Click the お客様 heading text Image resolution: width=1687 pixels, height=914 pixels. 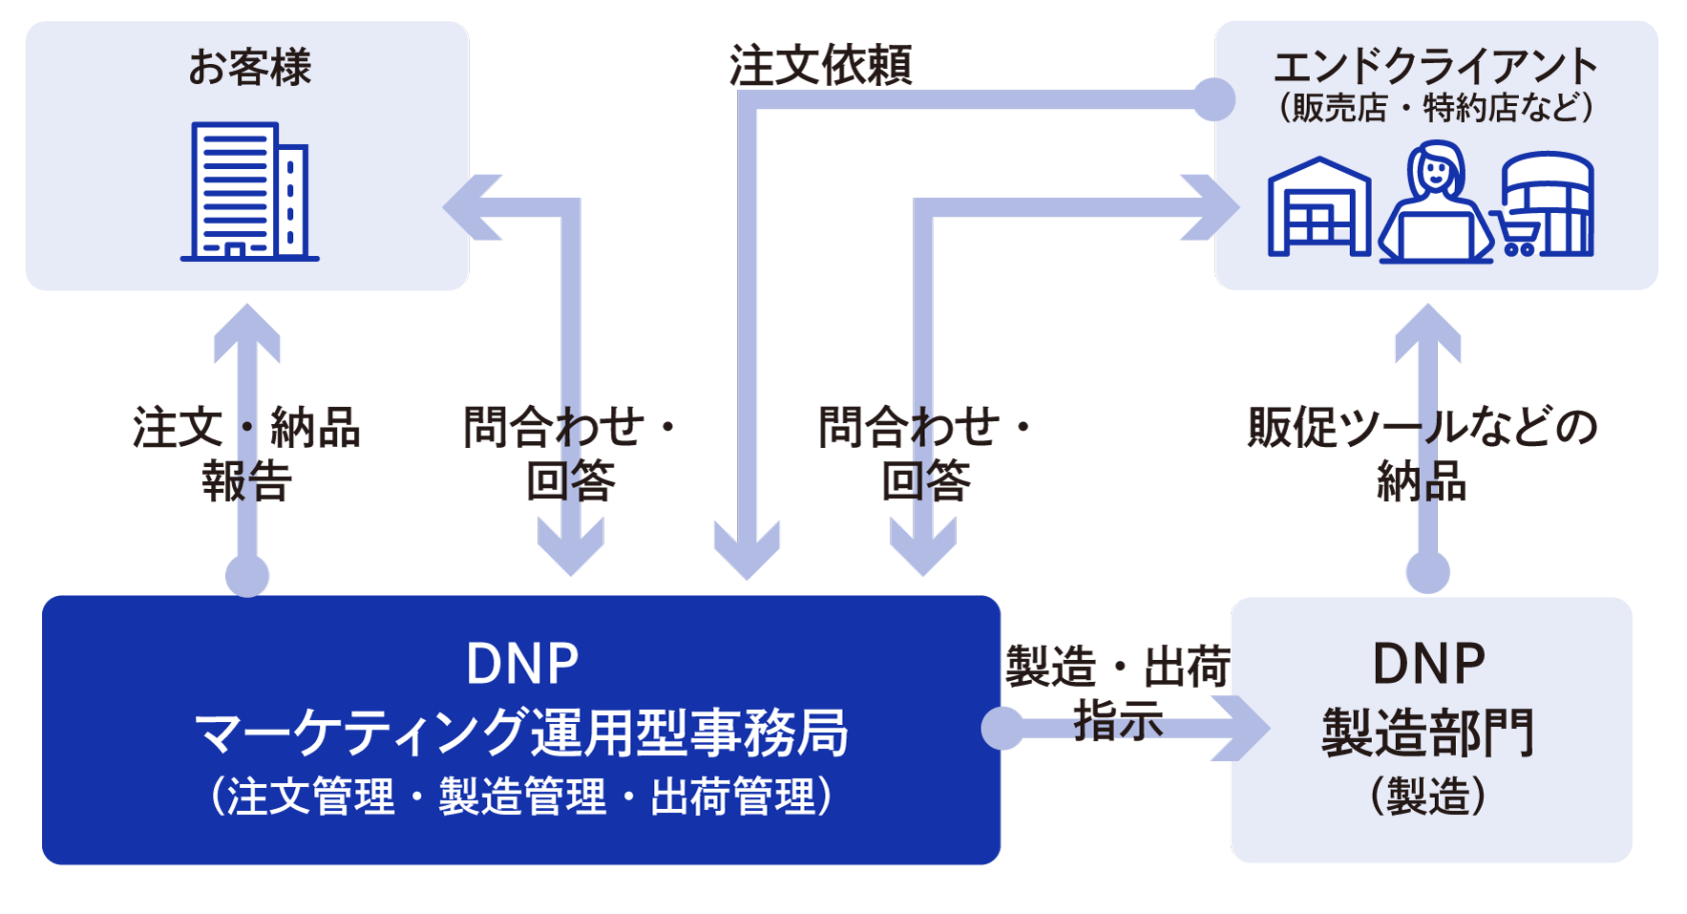pyautogui.click(x=249, y=68)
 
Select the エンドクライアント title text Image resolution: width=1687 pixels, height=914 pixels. pyautogui.click(x=1435, y=66)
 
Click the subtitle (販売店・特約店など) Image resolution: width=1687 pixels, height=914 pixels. pyautogui.click(x=1435, y=107)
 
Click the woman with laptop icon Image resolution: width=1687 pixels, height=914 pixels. pyautogui.click(x=1435, y=202)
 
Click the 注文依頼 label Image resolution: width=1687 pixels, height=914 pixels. pyautogui.click(x=821, y=66)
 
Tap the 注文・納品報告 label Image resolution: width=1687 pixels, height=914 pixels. pyautogui.click(x=246, y=453)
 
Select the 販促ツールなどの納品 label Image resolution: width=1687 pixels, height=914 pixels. pyautogui.click(x=1423, y=453)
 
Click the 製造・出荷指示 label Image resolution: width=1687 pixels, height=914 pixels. pyautogui.click(x=1117, y=691)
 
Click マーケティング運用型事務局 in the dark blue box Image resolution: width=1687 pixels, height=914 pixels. pyautogui.click(x=521, y=733)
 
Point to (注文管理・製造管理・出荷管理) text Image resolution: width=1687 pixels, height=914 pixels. pyautogui.click(x=521, y=797)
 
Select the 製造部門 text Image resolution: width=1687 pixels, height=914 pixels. pyautogui.click(x=1428, y=733)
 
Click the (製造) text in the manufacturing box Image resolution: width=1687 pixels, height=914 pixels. pyautogui.click(x=1428, y=797)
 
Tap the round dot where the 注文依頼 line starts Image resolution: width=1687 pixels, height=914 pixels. pyautogui.click(x=1214, y=99)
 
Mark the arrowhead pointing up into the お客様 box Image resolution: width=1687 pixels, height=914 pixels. pyautogui.click(x=247, y=329)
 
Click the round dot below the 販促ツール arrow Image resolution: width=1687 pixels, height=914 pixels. pyautogui.click(x=1428, y=573)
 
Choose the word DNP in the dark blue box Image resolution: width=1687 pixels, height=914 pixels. pyautogui.click(x=522, y=664)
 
